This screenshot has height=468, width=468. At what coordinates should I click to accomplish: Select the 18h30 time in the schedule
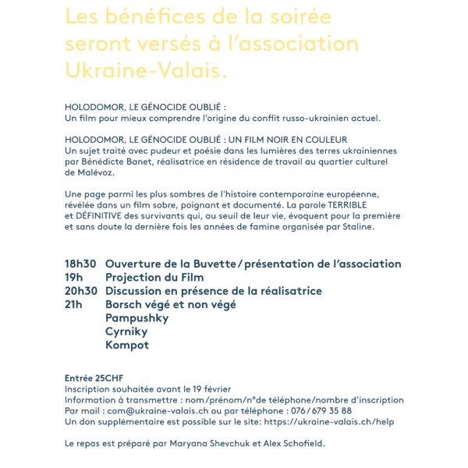coord(80,264)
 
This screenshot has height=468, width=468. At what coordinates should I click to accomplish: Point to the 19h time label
coord(73,278)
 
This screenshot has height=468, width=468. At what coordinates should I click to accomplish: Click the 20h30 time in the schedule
coord(80,291)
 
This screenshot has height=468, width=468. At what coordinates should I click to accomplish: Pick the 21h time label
coord(73,304)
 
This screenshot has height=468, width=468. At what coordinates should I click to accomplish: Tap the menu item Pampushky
coord(136,317)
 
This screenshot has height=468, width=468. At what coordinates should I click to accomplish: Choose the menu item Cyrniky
coord(127,331)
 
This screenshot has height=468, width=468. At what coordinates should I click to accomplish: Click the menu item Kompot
coord(126,345)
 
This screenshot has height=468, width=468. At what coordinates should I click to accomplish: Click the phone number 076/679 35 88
coord(321,410)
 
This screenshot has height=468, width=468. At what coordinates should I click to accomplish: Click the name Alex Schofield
coord(296,443)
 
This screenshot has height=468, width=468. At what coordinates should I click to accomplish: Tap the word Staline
coord(354,227)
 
